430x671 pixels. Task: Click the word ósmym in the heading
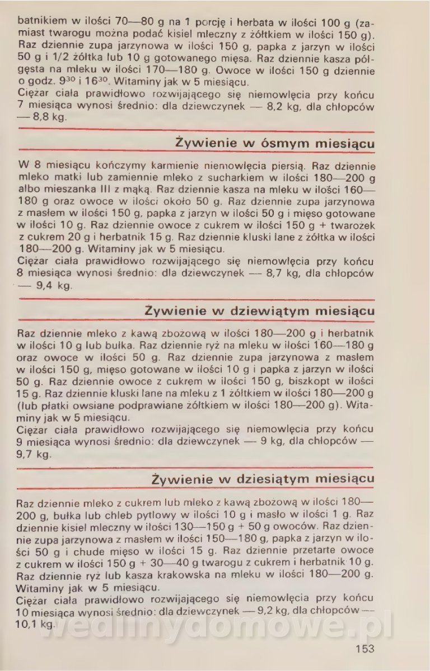281,144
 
